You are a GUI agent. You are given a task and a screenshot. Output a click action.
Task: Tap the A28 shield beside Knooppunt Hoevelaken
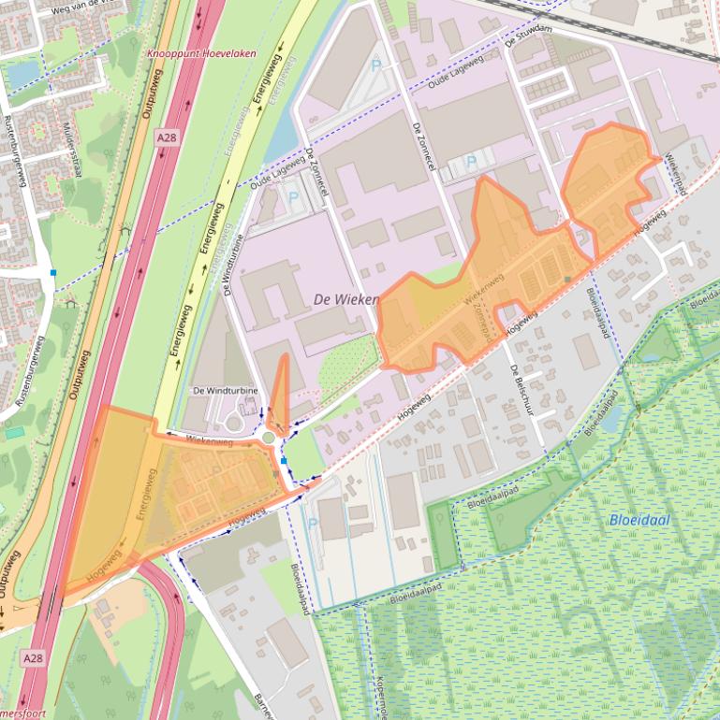click(166, 137)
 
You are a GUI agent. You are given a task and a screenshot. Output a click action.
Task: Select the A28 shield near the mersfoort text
click(33, 658)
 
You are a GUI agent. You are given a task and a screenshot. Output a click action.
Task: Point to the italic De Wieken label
click(341, 299)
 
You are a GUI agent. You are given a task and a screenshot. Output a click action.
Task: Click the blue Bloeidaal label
click(639, 520)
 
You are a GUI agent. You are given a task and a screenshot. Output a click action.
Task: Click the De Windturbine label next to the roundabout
click(224, 390)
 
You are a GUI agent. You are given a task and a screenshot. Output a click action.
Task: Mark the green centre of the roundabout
click(269, 437)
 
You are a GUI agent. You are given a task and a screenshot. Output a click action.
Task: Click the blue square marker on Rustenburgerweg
click(53, 272)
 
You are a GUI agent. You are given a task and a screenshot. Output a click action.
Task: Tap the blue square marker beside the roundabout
click(284, 460)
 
